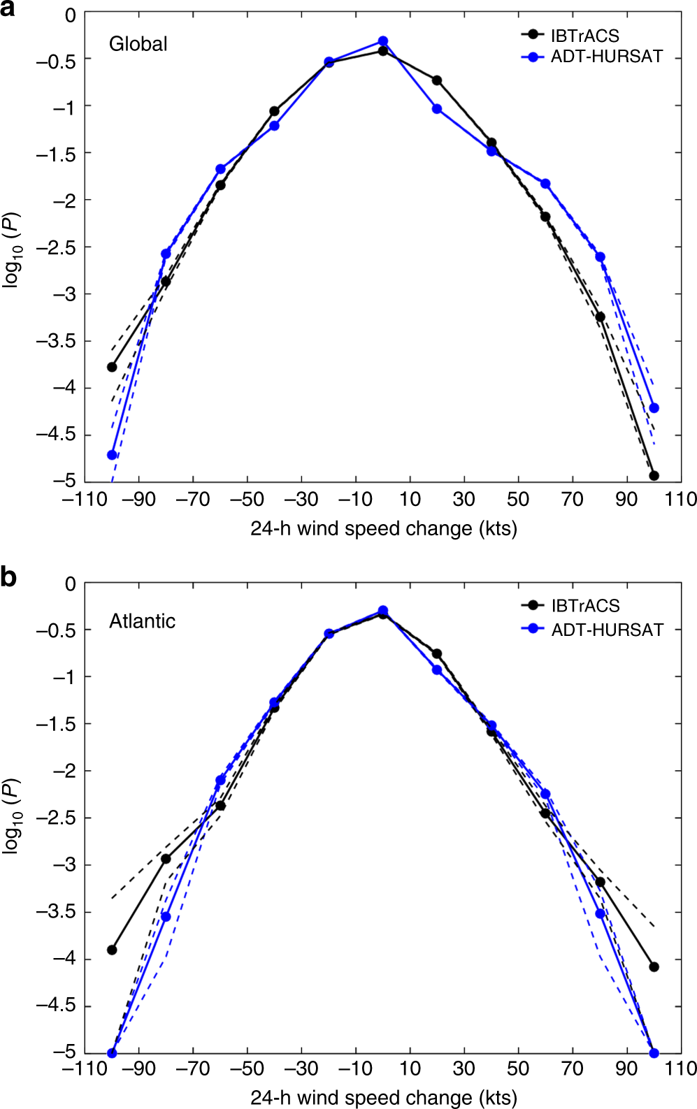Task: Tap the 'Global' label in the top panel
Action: click(138, 44)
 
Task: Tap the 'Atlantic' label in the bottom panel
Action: click(142, 621)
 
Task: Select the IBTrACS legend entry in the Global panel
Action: click(584, 35)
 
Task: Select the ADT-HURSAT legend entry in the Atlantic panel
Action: click(606, 630)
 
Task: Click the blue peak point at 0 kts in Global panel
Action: click(383, 41)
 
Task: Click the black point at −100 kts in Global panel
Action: click(112, 367)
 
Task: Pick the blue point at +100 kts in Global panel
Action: click(654, 408)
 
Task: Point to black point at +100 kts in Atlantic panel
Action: click(654, 967)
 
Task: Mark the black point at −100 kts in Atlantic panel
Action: click(112, 950)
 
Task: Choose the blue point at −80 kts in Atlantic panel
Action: click(166, 917)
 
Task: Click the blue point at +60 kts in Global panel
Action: click(545, 184)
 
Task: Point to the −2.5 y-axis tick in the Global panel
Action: click(56, 247)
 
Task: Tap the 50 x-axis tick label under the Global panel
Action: click(518, 499)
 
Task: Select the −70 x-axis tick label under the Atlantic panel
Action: click(192, 1068)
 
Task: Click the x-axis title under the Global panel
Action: click(383, 528)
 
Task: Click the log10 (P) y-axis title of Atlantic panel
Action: click(13, 816)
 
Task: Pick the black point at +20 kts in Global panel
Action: click(437, 80)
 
